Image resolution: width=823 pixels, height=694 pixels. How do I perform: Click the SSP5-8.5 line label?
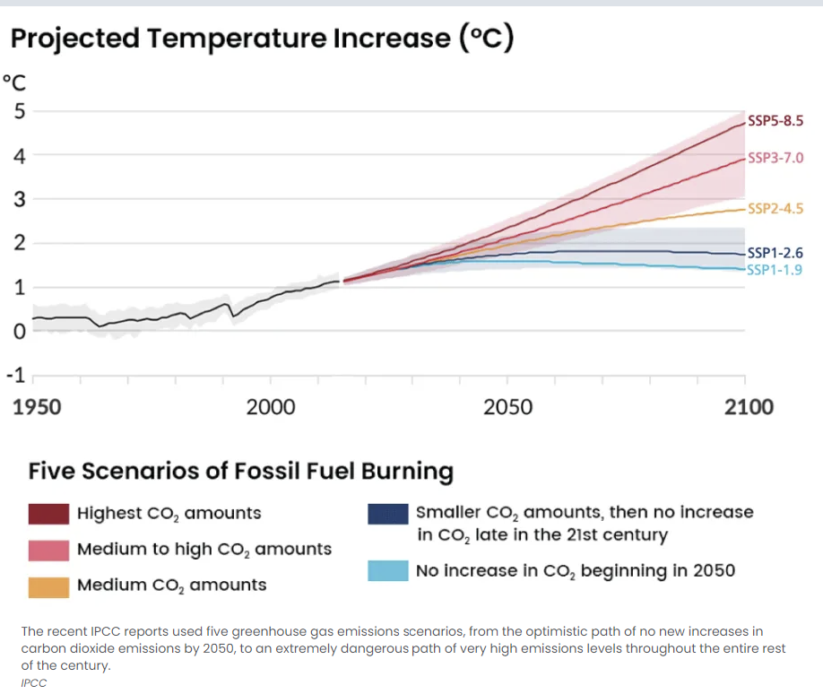pyautogui.click(x=775, y=121)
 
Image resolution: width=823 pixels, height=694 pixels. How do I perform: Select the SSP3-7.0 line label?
pyautogui.click(x=775, y=158)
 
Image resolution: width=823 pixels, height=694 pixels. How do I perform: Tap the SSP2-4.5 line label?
pyautogui.click(x=775, y=209)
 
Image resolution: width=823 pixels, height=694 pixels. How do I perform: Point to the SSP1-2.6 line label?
pyautogui.click(x=775, y=253)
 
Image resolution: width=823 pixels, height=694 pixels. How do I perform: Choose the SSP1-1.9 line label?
pyautogui.click(x=775, y=269)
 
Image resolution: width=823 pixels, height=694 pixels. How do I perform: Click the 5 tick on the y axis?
pyautogui.click(x=18, y=112)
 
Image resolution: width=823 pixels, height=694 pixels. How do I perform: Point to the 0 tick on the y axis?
pyautogui.click(x=18, y=332)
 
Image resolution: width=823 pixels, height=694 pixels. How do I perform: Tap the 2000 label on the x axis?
pyautogui.click(x=270, y=407)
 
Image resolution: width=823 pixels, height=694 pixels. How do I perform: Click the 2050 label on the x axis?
pyautogui.click(x=507, y=407)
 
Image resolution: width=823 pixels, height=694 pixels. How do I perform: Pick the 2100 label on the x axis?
pyautogui.click(x=749, y=407)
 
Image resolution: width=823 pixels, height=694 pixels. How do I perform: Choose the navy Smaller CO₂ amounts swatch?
pyautogui.click(x=387, y=514)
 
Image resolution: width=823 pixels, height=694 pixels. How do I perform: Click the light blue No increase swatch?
pyautogui.click(x=387, y=571)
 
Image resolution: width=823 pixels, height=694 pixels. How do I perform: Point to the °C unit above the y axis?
pyautogui.click(x=15, y=83)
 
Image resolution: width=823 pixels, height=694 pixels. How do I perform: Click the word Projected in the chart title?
pyautogui.click(x=74, y=39)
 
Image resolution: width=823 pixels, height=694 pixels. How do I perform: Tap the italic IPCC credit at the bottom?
pyautogui.click(x=33, y=682)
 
